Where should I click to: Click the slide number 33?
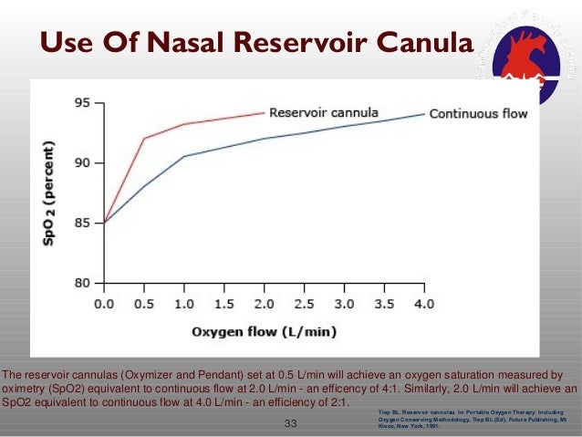292,423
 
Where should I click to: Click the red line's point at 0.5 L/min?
144,139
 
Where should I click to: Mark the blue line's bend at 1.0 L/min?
184,156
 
